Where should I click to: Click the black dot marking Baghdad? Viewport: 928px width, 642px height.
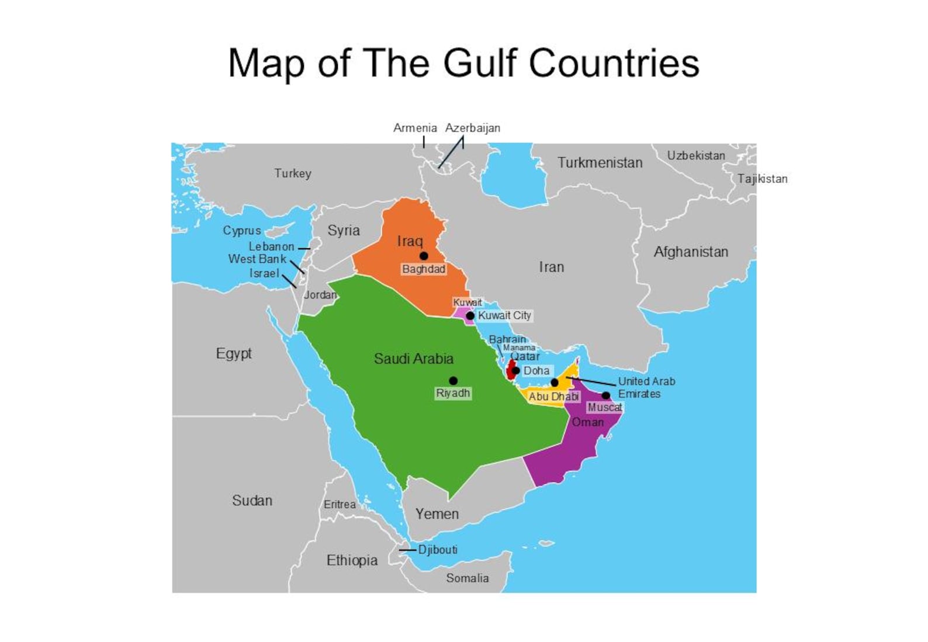(424, 256)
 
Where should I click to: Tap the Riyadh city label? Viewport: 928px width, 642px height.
(453, 393)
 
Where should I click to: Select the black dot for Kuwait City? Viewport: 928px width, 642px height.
(470, 316)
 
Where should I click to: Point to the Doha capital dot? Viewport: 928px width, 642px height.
(516, 370)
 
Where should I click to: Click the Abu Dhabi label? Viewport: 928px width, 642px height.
(553, 397)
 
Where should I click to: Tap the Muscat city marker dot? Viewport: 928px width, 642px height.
(606, 395)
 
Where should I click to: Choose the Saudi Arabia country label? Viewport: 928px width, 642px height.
(413, 359)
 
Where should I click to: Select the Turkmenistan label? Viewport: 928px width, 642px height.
(600, 162)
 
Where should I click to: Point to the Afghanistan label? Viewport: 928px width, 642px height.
(691, 252)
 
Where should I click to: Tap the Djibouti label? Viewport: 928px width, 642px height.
(438, 550)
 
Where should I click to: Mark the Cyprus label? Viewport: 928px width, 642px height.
(242, 230)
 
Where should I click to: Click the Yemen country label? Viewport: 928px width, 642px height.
(437, 514)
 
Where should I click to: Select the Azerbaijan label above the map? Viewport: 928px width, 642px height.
(473, 128)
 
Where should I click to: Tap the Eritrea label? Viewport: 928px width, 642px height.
(340, 504)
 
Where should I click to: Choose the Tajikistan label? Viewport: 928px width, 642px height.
(762, 179)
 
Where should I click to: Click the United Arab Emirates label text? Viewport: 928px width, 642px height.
(646, 387)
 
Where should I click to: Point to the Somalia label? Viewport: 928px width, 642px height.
(468, 578)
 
